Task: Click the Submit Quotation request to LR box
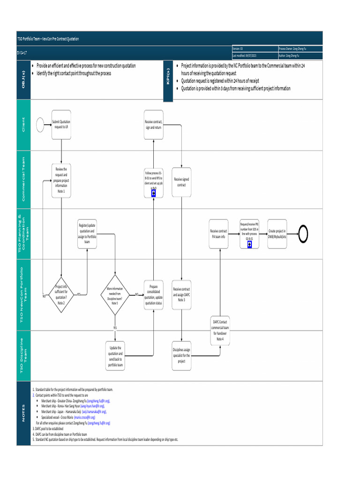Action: coord(61,124)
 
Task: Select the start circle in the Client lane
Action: coord(43,124)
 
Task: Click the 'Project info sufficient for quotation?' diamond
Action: coord(61,294)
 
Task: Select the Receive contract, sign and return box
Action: coord(154,124)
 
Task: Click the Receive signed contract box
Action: coord(181,182)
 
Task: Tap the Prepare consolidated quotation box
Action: coord(154,294)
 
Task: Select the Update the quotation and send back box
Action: coord(115,356)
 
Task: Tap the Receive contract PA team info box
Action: coord(218,233)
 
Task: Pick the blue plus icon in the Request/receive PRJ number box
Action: coord(249,244)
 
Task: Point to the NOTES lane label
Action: coord(23,413)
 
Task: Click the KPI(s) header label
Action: coord(168,80)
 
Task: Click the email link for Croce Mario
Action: coord(84,417)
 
